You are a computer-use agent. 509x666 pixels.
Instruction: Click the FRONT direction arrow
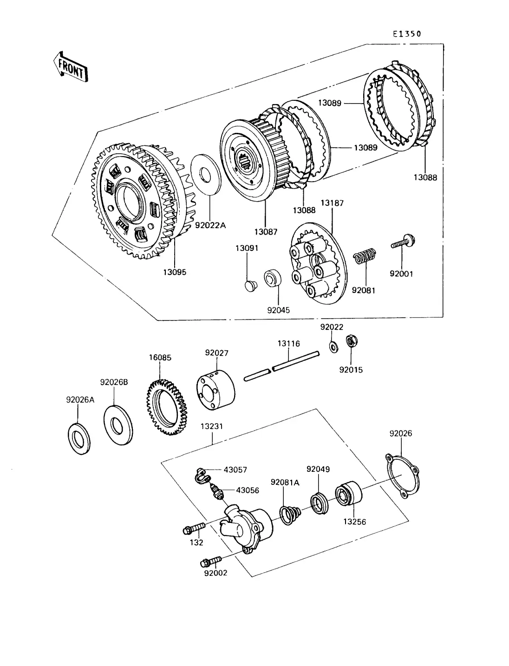(70, 67)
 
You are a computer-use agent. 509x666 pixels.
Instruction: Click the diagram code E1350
(406, 34)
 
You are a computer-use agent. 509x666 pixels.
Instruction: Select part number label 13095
(175, 272)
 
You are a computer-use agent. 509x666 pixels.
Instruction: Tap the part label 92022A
(210, 225)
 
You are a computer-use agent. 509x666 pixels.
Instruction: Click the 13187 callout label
(333, 203)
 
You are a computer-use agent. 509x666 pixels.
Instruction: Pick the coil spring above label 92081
(365, 257)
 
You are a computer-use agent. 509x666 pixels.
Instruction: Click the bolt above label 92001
(402, 242)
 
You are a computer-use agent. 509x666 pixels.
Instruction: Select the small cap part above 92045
(251, 284)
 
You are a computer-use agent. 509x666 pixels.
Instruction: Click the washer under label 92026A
(79, 438)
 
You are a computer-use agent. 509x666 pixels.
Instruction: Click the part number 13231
(212, 426)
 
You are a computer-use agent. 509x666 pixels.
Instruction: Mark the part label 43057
(235, 470)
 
